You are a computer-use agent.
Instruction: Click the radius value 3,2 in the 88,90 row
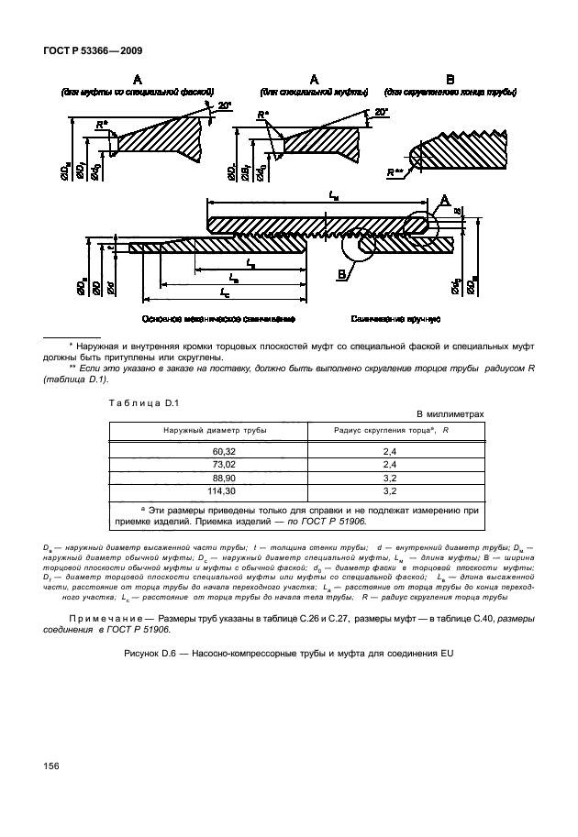tap(389, 478)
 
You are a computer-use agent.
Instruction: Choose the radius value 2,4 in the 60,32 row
tap(389, 452)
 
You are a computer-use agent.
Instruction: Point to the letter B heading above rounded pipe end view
tap(450, 80)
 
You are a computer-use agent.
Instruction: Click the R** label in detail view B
tap(395, 171)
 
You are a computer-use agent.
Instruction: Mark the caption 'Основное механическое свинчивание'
tap(217, 319)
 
